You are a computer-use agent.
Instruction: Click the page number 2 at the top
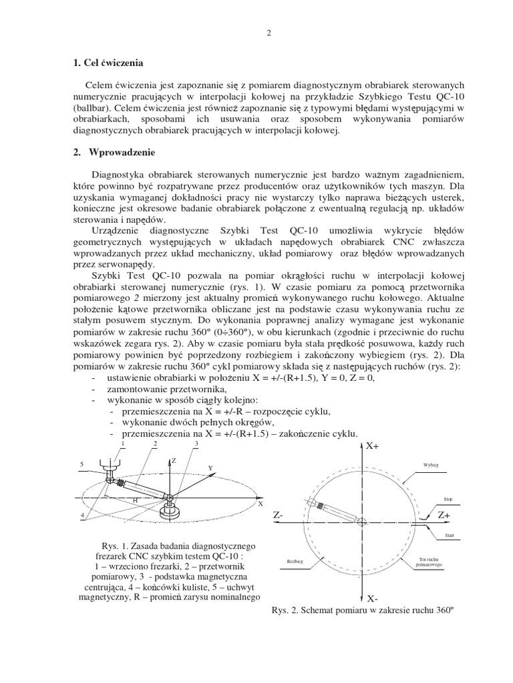[x=268, y=35]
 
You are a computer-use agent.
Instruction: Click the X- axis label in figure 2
[x=373, y=598]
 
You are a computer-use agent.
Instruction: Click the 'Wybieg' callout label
[x=432, y=464]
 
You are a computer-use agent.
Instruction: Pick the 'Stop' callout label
[x=448, y=498]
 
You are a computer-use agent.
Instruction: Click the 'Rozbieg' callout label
[x=295, y=562]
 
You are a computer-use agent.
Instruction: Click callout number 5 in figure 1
[x=81, y=464]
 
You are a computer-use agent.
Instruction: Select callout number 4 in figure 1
[x=83, y=515]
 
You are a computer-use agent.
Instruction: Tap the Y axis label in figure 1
[x=209, y=468]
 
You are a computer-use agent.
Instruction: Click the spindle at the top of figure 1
[x=109, y=466]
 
